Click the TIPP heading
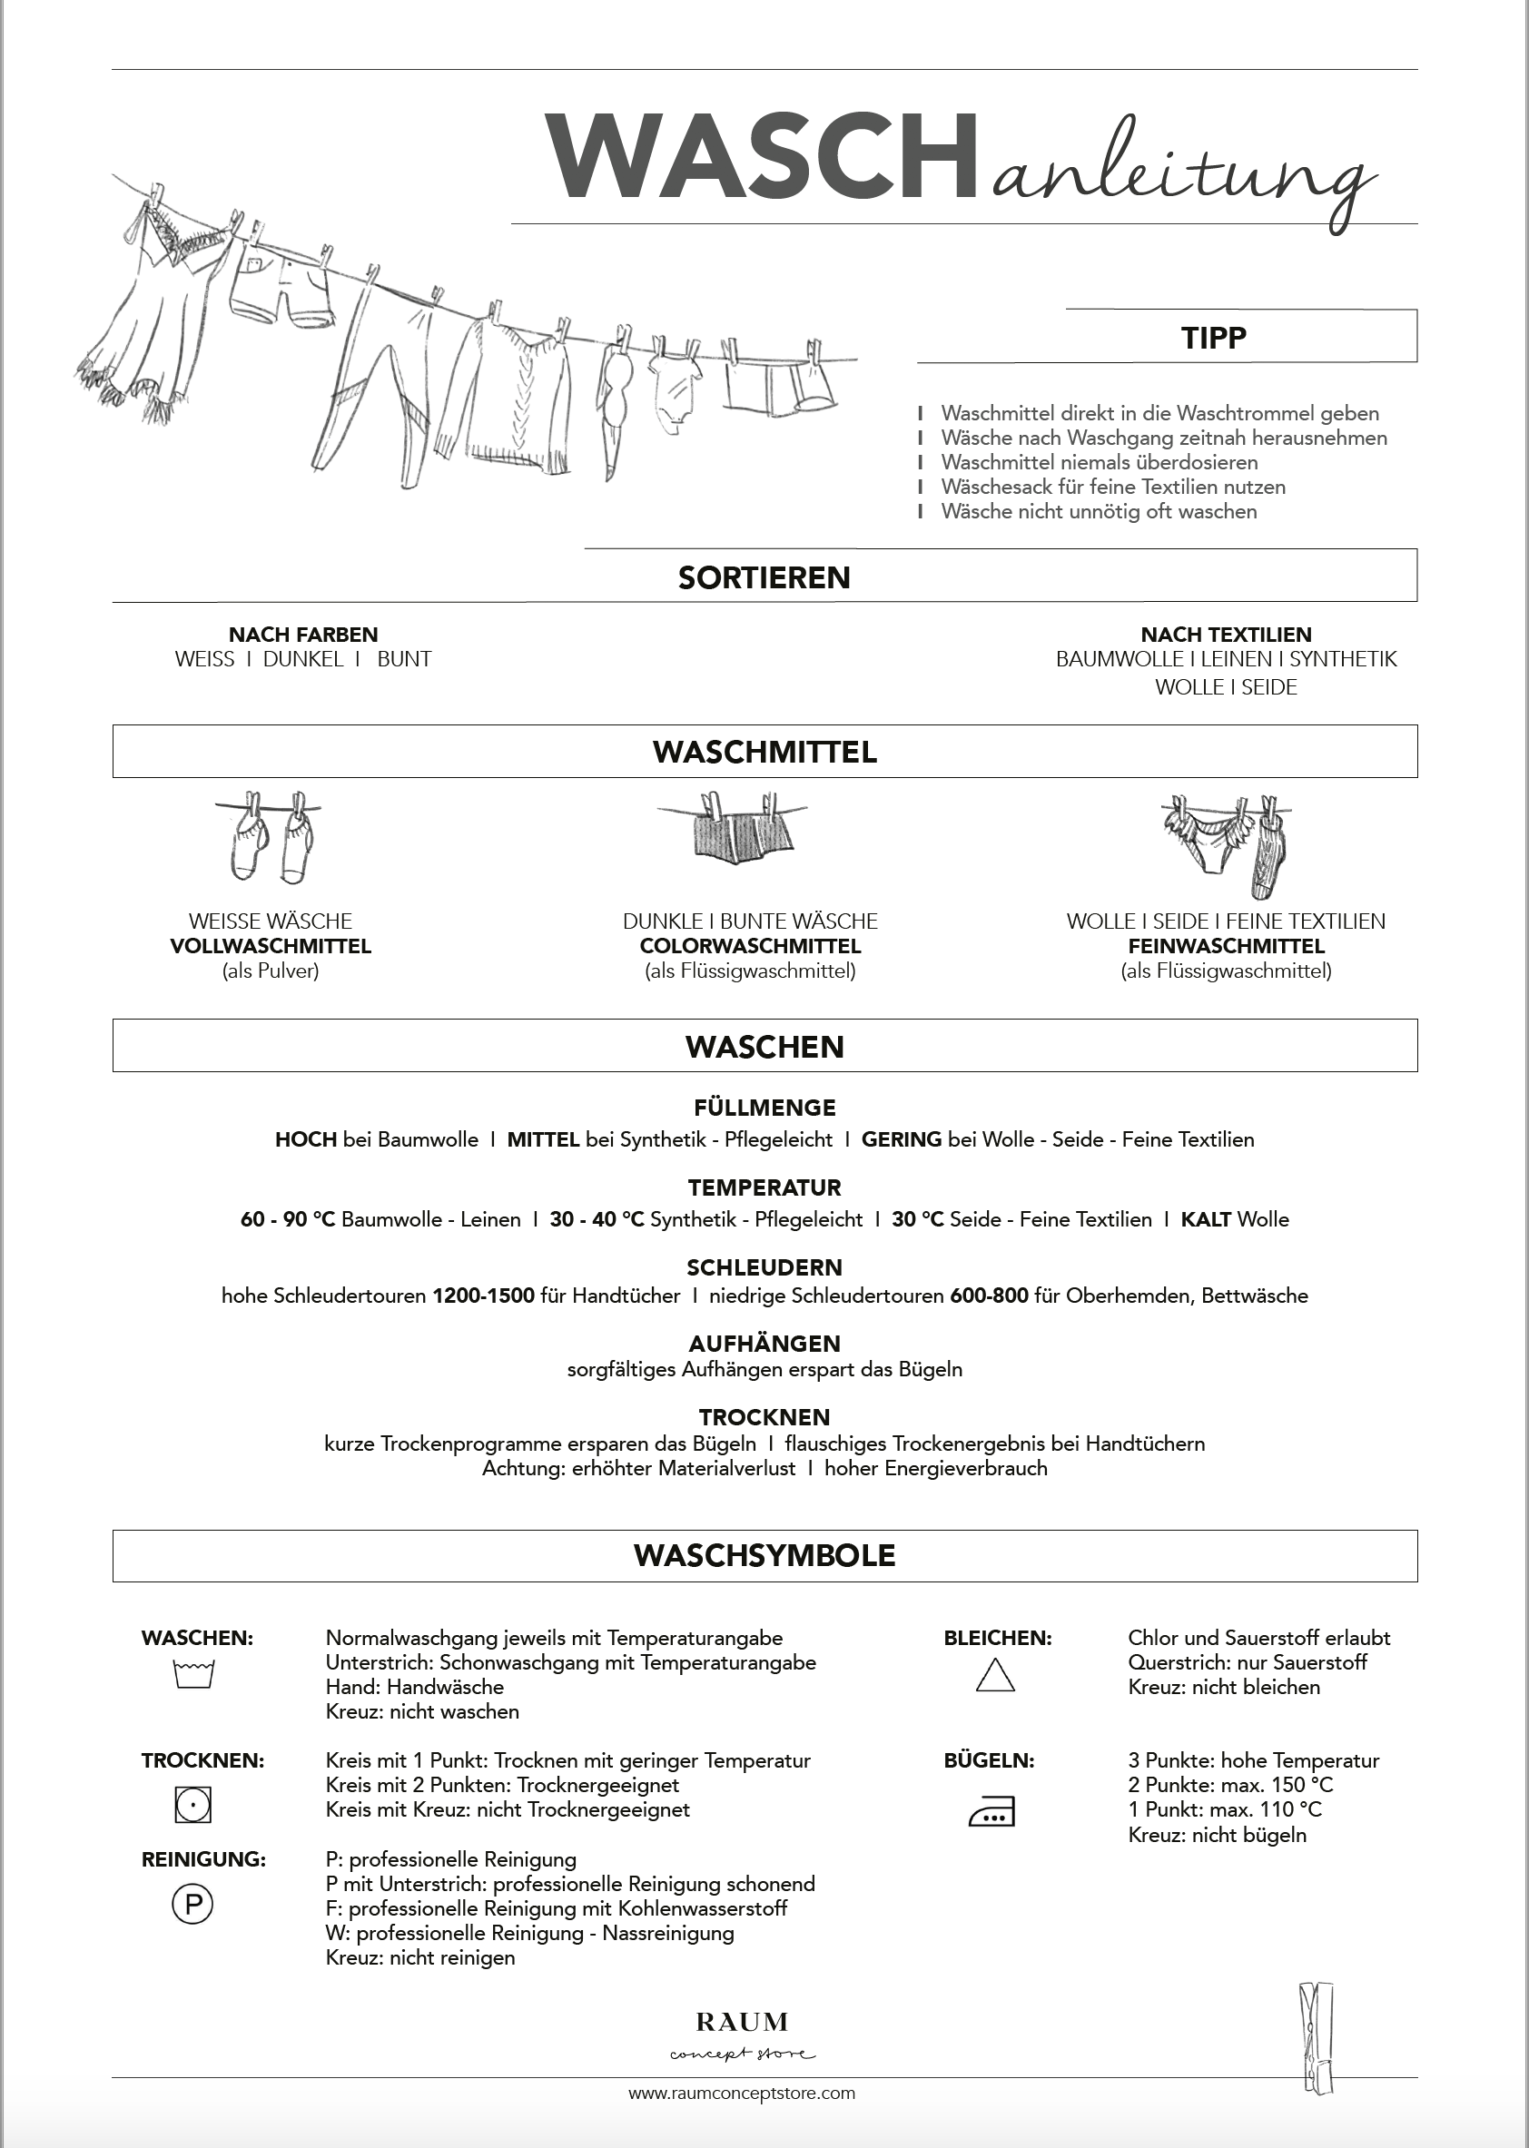(x=1214, y=338)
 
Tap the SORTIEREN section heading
(x=764, y=577)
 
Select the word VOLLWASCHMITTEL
(x=271, y=946)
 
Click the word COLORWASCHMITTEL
(x=750, y=946)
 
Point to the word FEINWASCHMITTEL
(x=1226, y=946)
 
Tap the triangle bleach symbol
(x=995, y=1676)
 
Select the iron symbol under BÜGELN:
(x=992, y=1812)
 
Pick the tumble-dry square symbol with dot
(x=193, y=1805)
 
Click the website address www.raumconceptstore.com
(x=742, y=2120)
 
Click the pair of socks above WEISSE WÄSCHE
(x=271, y=838)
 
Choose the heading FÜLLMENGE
(x=764, y=1108)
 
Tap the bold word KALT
(x=1206, y=1220)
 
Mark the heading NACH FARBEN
(x=303, y=635)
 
